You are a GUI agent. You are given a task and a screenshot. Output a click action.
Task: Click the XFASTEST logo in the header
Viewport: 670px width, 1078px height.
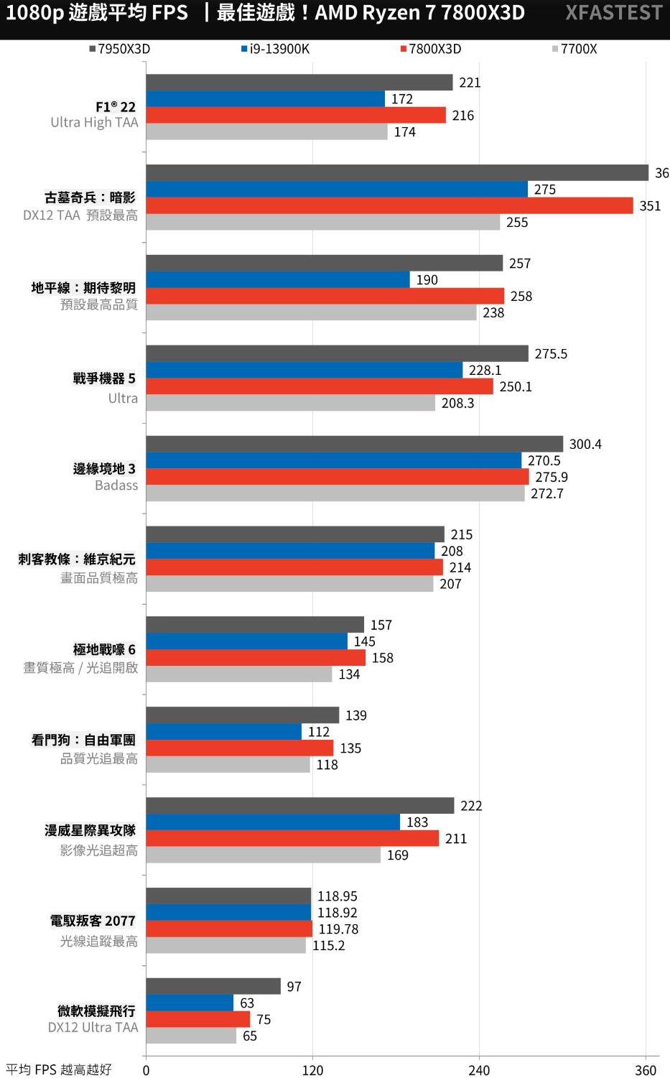[x=613, y=13]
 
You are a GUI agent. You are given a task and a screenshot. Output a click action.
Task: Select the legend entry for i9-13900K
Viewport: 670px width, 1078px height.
[x=275, y=49]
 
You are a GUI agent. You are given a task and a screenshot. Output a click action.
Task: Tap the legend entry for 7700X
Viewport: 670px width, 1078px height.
[x=574, y=49]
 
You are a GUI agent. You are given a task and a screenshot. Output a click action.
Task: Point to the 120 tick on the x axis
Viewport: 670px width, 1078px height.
[x=312, y=1070]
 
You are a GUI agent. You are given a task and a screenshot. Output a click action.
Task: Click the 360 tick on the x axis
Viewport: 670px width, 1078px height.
[x=646, y=1070]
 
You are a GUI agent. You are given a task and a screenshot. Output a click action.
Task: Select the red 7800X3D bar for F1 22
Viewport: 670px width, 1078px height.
[x=296, y=115]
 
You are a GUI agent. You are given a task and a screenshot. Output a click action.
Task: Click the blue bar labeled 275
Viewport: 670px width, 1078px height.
[x=337, y=189]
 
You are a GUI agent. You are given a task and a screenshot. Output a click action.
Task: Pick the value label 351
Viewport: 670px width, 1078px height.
[x=650, y=206]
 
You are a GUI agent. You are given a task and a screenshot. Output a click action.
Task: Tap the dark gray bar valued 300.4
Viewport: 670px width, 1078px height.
[x=354, y=444]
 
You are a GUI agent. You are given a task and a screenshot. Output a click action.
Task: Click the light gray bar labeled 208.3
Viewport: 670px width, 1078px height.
[x=290, y=403]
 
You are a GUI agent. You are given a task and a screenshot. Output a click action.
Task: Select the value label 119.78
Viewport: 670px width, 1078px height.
[x=338, y=929]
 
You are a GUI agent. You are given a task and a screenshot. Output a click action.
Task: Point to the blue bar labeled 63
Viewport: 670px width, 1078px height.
[x=190, y=1003]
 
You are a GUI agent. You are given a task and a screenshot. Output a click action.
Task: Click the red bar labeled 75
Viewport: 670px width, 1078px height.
[x=197, y=1019]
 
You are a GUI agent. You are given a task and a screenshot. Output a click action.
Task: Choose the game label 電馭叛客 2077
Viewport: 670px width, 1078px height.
[x=93, y=921]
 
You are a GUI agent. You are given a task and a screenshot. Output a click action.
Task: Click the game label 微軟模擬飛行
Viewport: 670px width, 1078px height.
[x=96, y=1011]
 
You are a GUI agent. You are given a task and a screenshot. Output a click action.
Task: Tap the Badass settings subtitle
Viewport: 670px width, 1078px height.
[x=116, y=485]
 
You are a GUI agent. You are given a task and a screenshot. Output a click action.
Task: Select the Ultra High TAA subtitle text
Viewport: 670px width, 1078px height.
[x=94, y=123]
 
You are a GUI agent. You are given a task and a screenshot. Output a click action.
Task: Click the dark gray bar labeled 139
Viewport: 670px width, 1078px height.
[x=242, y=715]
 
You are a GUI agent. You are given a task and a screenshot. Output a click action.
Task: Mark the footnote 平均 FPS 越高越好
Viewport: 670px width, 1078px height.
[x=59, y=1070]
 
